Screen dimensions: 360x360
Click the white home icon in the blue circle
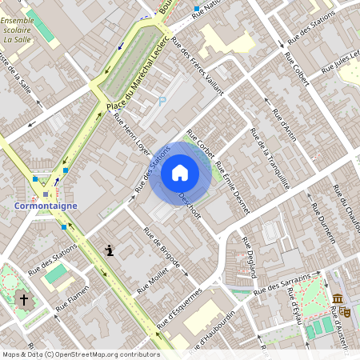coord(180,173)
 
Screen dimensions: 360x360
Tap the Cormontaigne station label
coord(46,206)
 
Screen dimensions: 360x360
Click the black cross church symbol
coord(24,300)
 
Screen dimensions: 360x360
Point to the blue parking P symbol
coord(162,101)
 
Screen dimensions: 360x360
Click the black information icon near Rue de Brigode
coord(109,250)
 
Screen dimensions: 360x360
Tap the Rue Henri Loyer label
coord(132,132)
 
